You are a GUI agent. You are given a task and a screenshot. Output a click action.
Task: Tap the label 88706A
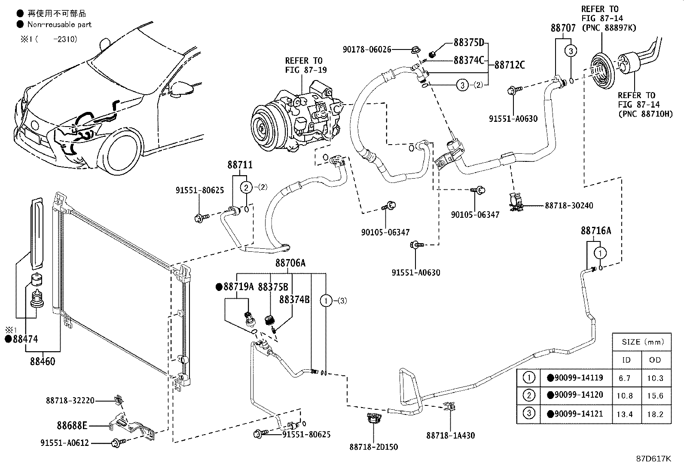[290, 263]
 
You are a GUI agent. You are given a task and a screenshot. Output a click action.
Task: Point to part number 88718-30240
[568, 206]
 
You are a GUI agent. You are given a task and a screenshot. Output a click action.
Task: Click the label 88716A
[595, 231]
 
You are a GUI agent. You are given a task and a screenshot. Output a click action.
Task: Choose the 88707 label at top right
[563, 28]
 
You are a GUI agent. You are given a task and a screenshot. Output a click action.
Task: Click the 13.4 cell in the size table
[626, 414]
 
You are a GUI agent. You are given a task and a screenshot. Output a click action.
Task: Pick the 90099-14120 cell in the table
[578, 395]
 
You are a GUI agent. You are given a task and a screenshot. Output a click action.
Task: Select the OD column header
[655, 360]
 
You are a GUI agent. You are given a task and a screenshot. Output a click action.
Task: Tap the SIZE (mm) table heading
[642, 342]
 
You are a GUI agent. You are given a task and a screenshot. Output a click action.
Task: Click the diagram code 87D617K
[653, 458]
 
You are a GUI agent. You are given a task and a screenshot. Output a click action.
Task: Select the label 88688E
[72, 426]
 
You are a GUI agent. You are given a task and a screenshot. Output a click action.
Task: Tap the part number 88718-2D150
[373, 447]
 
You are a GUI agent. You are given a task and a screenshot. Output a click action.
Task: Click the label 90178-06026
[366, 49]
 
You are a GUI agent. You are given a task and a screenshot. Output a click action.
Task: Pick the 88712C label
[510, 65]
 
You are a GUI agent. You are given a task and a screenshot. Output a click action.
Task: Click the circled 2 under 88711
[246, 187]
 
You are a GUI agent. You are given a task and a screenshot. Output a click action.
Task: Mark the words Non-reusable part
[59, 25]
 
